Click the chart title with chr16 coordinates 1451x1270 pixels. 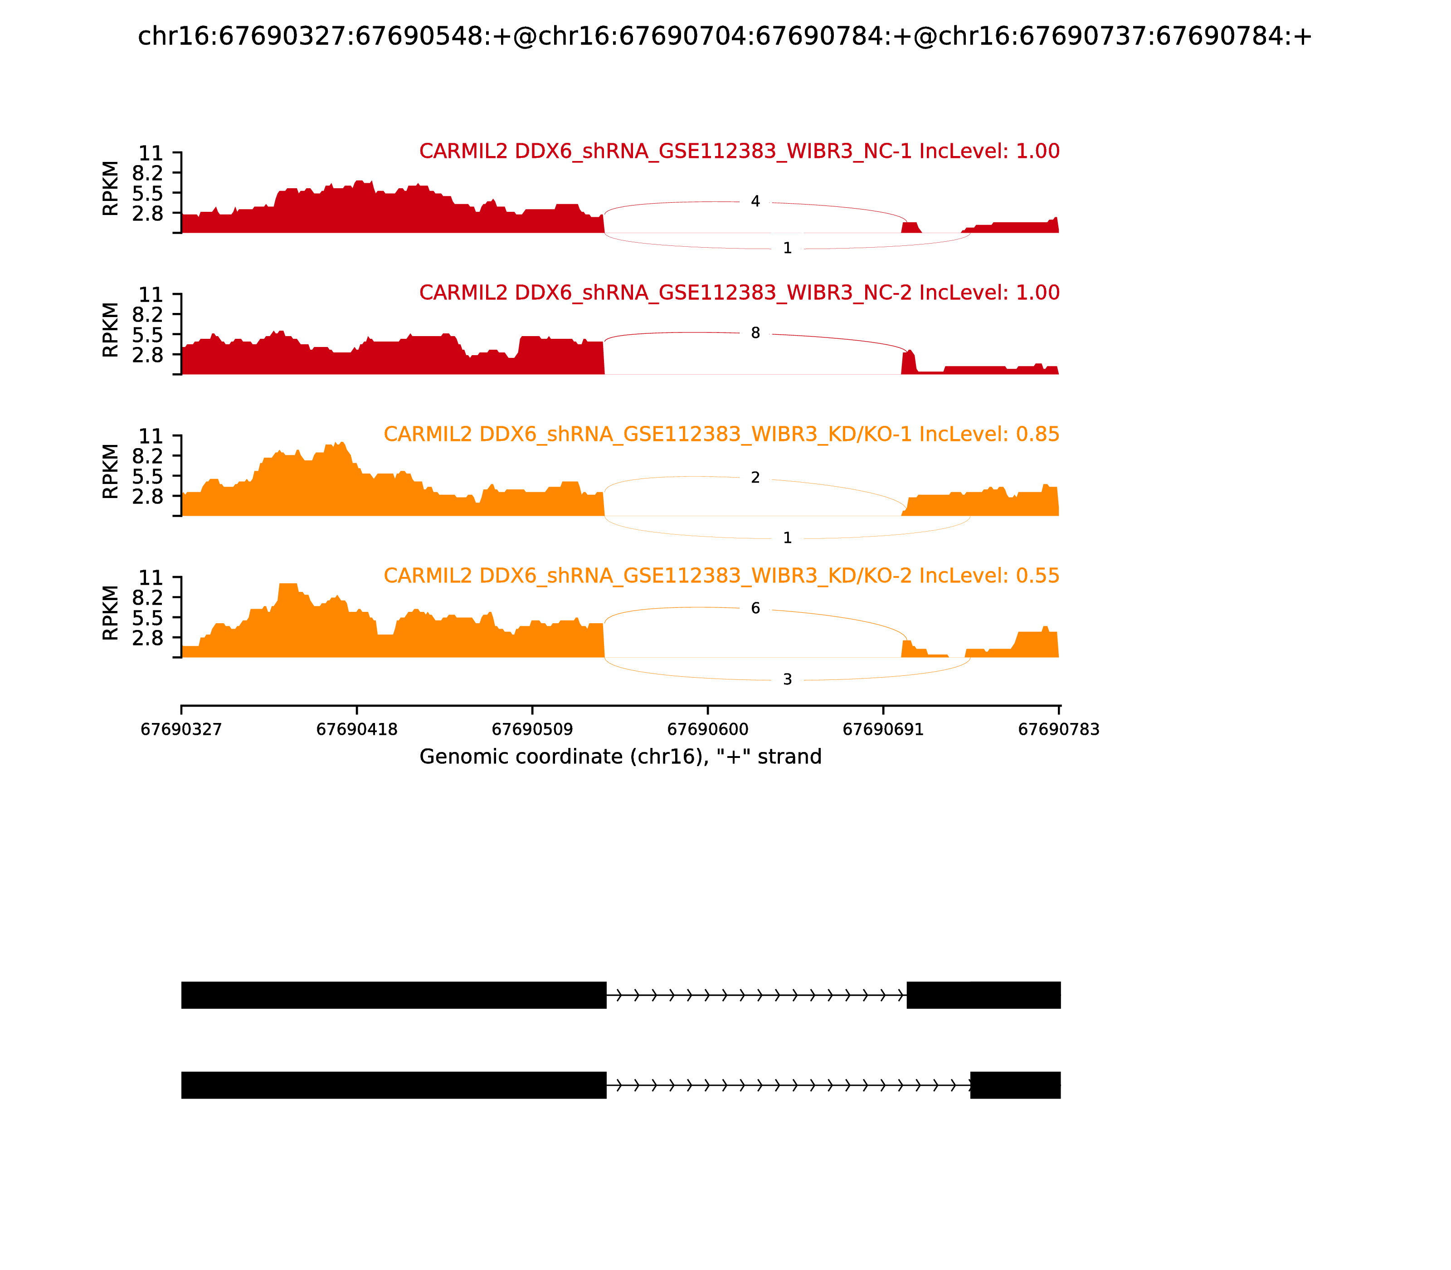pos(725,36)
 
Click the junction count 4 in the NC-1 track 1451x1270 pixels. pos(755,202)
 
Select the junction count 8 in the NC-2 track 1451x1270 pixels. pos(755,333)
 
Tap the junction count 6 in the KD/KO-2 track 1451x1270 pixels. pos(755,609)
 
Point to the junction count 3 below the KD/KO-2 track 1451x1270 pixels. pos(787,679)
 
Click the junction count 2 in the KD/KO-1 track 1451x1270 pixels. pos(755,478)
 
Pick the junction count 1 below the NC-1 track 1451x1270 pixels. pos(787,248)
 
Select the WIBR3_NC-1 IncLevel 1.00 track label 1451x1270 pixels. pos(739,151)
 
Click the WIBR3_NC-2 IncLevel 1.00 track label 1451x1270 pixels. pos(739,293)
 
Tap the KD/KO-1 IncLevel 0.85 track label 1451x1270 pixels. pos(721,435)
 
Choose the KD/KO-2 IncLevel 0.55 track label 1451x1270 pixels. pos(721,576)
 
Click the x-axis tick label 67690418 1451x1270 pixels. pos(356,729)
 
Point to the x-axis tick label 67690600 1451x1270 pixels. pos(707,729)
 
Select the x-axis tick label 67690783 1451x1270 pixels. pos(1058,729)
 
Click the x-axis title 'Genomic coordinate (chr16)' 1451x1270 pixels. pos(620,757)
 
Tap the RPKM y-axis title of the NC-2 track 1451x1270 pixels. pos(111,330)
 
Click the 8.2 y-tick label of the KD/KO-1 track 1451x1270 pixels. pos(147,456)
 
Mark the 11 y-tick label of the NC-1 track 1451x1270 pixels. pos(151,153)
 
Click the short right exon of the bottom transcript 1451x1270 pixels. pos(1015,1085)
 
